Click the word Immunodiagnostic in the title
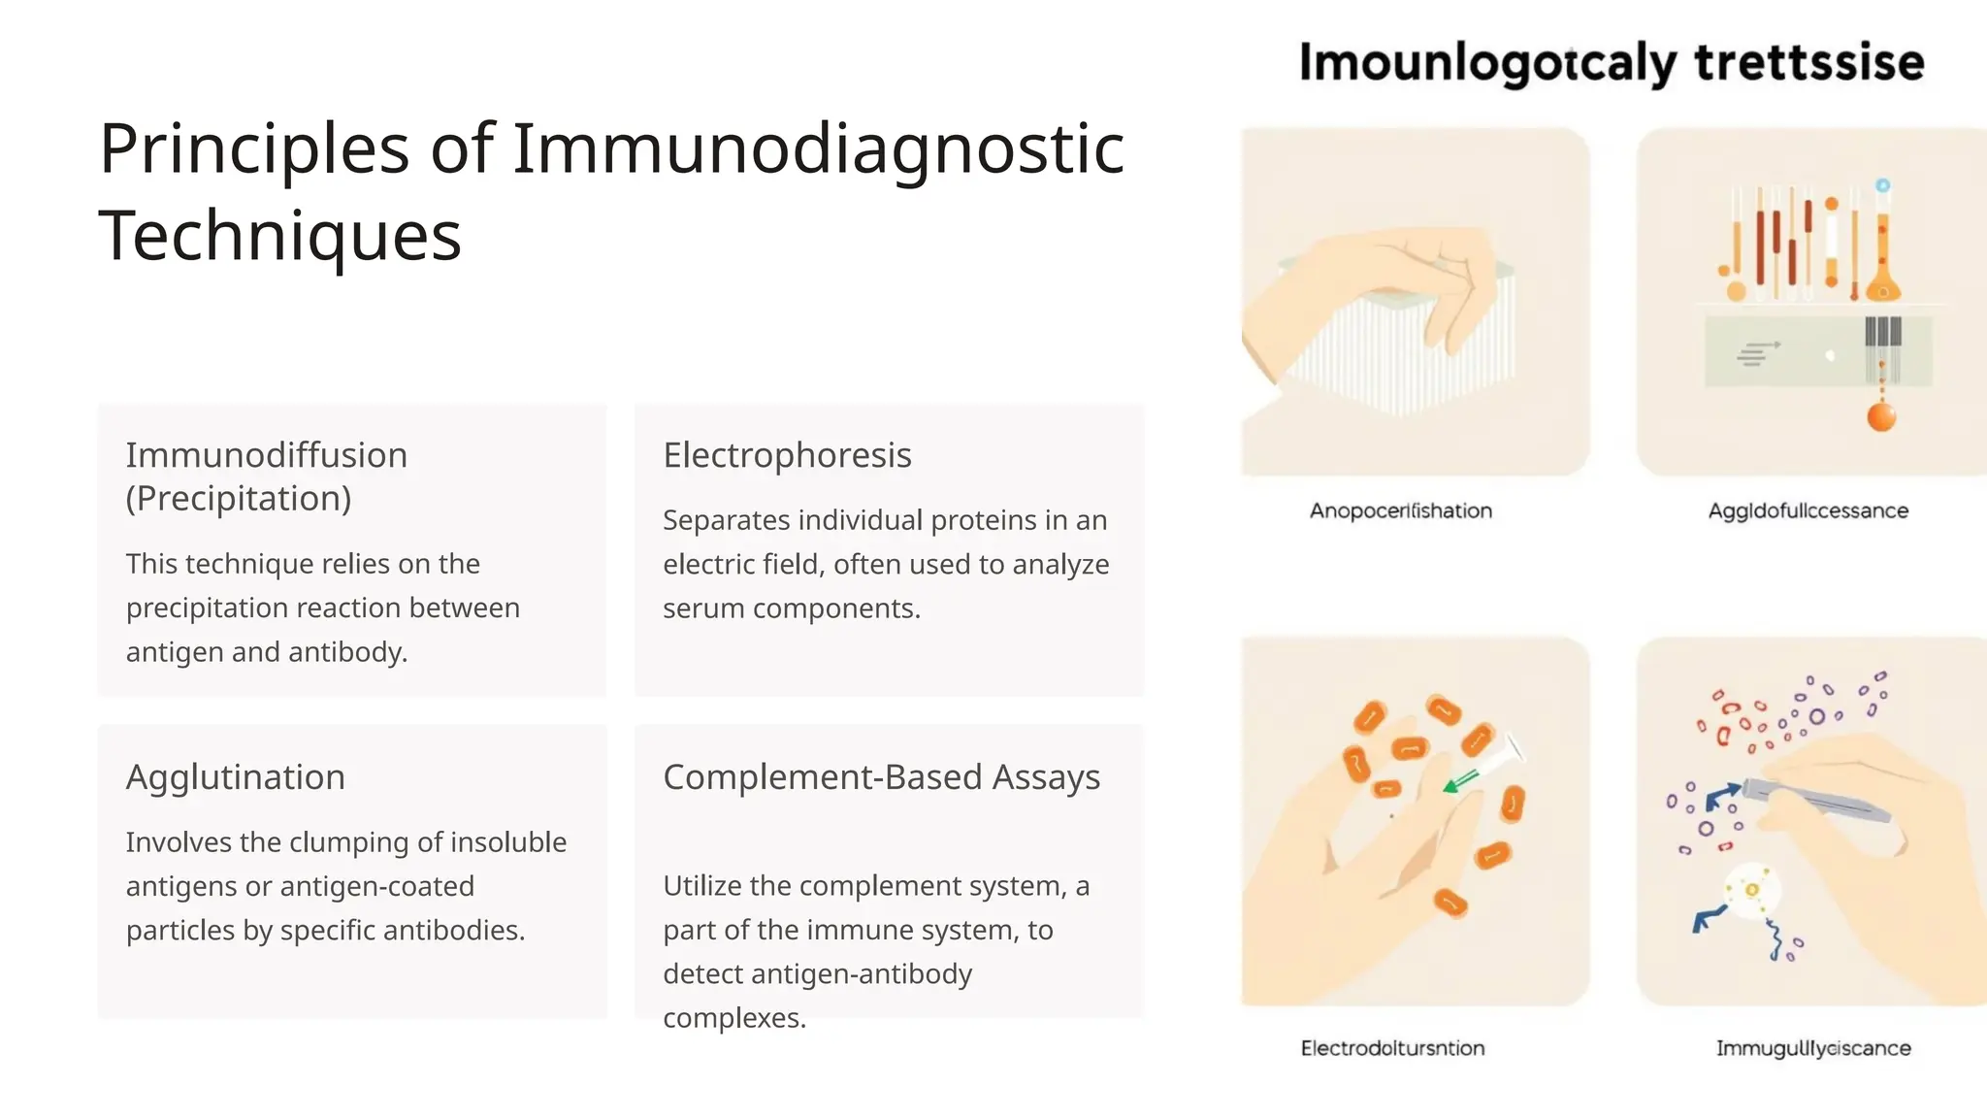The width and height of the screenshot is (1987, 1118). (x=818, y=150)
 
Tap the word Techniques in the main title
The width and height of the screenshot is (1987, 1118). (x=280, y=236)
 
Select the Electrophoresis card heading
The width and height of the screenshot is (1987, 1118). (x=787, y=455)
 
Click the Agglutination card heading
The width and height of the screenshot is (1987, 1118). (x=236, y=777)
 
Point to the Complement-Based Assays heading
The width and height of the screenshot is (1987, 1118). (x=881, y=777)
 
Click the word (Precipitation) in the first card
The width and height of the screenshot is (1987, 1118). (x=239, y=499)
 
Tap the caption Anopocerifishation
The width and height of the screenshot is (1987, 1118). (x=1400, y=510)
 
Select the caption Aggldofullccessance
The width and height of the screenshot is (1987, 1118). (x=1808, y=510)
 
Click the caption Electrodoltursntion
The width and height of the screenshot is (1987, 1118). (x=1392, y=1048)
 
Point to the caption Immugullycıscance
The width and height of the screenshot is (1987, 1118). (x=1812, y=1048)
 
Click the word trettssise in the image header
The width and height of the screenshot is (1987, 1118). (x=1808, y=63)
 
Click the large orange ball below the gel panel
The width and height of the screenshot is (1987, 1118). (x=1880, y=417)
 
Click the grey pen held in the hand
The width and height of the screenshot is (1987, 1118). (x=1814, y=800)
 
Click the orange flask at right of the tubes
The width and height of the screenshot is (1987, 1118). (x=1882, y=277)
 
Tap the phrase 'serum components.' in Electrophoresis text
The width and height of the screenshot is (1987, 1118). (x=791, y=608)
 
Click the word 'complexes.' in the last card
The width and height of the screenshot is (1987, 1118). (x=734, y=1018)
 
